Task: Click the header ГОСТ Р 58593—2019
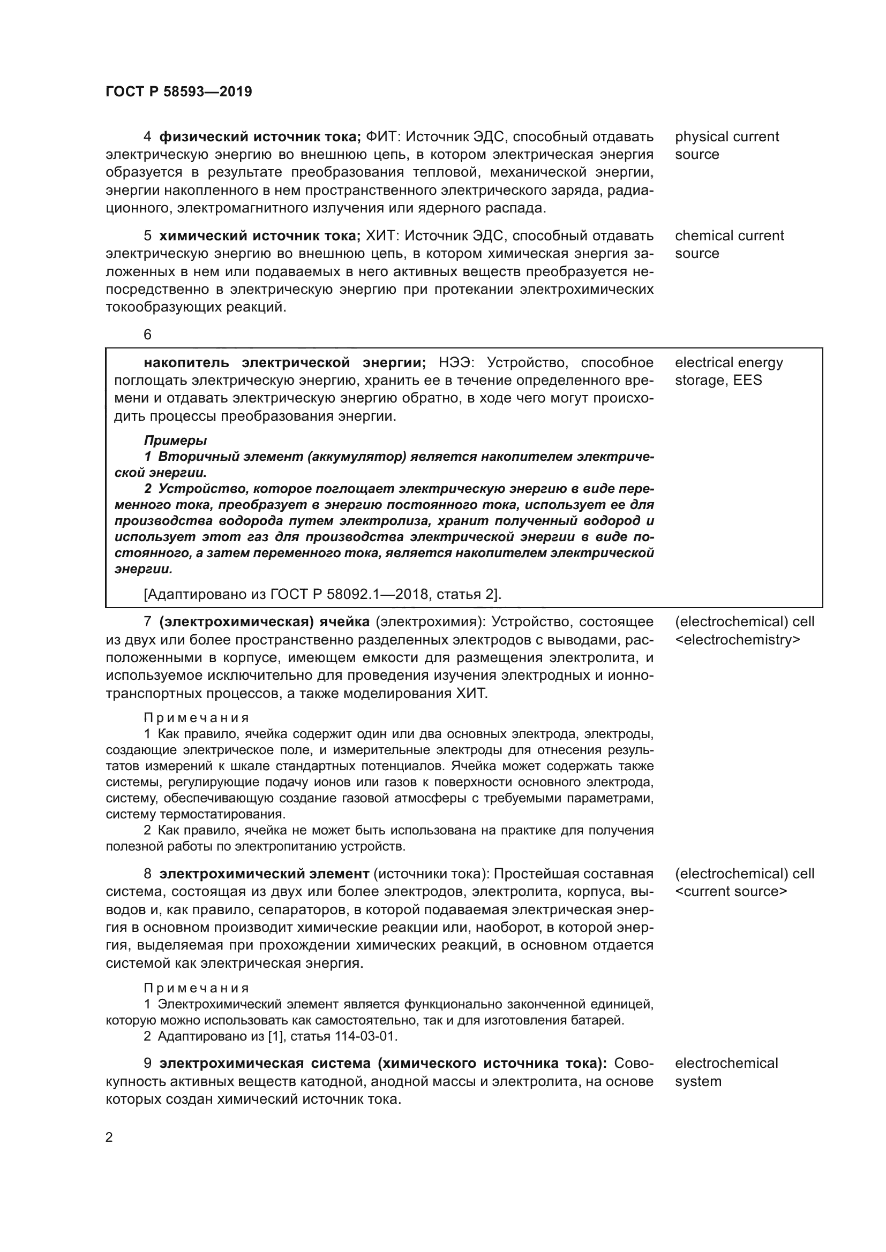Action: [x=178, y=92]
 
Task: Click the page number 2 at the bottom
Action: [x=109, y=1137]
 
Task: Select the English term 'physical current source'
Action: [x=726, y=145]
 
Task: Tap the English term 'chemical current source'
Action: [x=729, y=244]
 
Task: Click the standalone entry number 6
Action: [x=147, y=335]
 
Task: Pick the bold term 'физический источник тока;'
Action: [x=260, y=136]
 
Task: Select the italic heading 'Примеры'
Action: [x=175, y=440]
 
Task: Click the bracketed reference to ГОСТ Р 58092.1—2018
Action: [x=322, y=594]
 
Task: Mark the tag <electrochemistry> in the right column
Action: [x=738, y=640]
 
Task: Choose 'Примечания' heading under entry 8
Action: [x=197, y=988]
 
